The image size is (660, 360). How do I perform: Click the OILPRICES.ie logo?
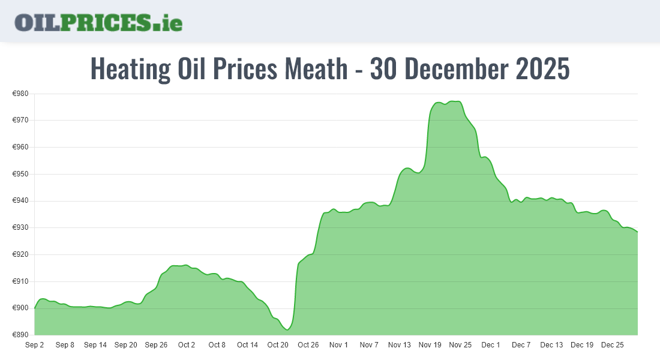coord(98,22)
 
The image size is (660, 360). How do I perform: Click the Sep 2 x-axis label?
coord(34,345)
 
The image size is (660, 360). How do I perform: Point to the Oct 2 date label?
coord(187,345)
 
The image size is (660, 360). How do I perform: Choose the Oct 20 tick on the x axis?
coord(278,345)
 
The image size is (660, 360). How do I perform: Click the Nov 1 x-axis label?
coord(339,345)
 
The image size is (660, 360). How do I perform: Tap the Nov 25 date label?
coord(460,345)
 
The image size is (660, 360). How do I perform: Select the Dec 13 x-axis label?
coord(551,345)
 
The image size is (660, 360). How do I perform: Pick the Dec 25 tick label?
coord(613,345)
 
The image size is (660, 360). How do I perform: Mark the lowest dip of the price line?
coord(288,329)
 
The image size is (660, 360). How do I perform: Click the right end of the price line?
coord(637,232)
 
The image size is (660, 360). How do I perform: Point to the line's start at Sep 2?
coord(35,308)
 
